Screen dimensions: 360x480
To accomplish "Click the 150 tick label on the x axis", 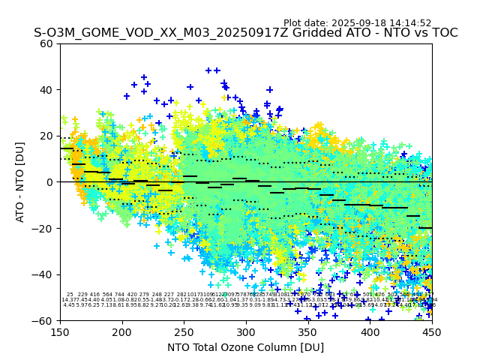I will click(x=60, y=331).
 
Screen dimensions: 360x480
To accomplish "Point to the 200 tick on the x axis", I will click(x=122, y=331).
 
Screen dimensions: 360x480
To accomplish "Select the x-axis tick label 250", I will click(x=184, y=331).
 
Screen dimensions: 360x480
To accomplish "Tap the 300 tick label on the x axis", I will click(x=246, y=331).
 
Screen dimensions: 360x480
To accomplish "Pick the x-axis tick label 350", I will click(x=308, y=331).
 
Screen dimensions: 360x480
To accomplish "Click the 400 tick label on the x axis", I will click(x=370, y=331).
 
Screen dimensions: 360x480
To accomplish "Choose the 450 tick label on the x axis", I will click(x=432, y=331).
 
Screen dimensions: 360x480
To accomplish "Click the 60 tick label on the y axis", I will click(x=48, y=43).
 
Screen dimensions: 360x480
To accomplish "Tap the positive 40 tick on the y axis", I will click(x=48, y=90).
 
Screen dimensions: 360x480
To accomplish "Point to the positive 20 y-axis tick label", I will click(x=48, y=136).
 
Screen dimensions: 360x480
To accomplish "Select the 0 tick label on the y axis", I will click(x=51, y=182).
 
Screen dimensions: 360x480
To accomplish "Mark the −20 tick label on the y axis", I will click(x=45, y=228).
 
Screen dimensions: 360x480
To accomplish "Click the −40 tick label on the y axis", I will click(x=45, y=274).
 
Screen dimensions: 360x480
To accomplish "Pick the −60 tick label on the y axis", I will click(x=45, y=320).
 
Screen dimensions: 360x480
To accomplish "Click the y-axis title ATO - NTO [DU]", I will click(x=21, y=181).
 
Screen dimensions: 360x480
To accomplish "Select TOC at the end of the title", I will click(x=444, y=33).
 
